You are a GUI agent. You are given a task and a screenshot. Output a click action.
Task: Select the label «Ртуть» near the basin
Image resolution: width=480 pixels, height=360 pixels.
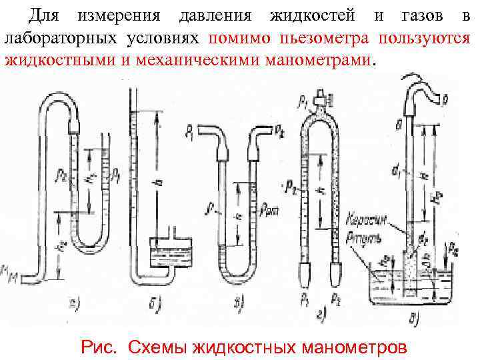365,234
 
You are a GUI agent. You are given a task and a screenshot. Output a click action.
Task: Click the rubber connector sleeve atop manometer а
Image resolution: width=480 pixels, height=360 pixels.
74,124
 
